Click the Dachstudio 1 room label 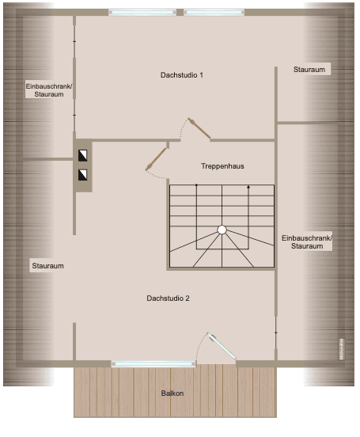[x=182, y=75]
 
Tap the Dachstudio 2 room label [x=168, y=298]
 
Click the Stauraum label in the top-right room [x=309, y=70]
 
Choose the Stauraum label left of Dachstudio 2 [x=47, y=265]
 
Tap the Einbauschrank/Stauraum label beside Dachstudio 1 [x=49, y=90]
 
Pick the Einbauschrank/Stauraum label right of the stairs [x=307, y=242]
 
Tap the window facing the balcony [x=153, y=363]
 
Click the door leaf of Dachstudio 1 [x=199, y=129]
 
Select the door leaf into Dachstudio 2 [x=156, y=158]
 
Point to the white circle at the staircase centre [x=222, y=230]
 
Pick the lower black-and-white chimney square [x=82, y=175]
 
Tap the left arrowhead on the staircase [x=195, y=188]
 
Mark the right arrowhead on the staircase [x=248, y=188]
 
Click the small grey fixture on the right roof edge [x=342, y=349]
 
